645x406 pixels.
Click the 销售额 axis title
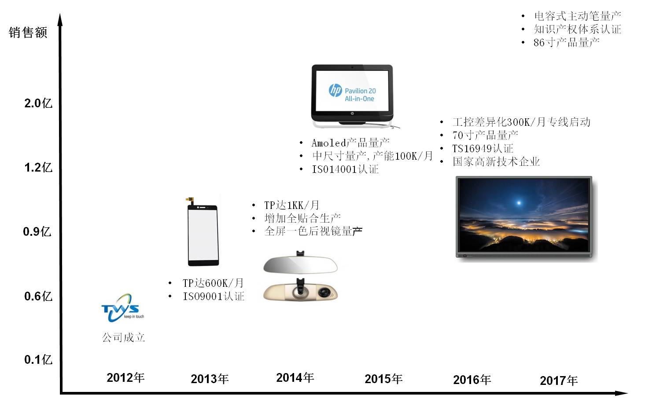click(x=28, y=32)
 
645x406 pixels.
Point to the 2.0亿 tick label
click(x=38, y=103)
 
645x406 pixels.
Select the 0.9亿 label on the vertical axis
click(x=37, y=232)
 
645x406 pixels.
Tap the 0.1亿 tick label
click(x=38, y=360)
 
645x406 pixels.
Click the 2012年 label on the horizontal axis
click(x=125, y=378)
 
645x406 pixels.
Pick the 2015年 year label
click(x=383, y=379)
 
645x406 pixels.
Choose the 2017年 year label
click(x=559, y=380)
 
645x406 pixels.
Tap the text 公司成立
click(x=124, y=337)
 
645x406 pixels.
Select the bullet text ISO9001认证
click(x=214, y=296)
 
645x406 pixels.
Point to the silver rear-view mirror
click(x=300, y=263)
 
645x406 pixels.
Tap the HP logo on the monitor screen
click(x=335, y=90)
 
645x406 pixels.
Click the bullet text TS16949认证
click(x=483, y=149)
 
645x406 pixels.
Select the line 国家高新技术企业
click(x=496, y=162)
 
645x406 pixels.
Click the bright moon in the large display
click(x=519, y=203)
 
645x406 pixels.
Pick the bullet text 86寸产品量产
click(x=566, y=43)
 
